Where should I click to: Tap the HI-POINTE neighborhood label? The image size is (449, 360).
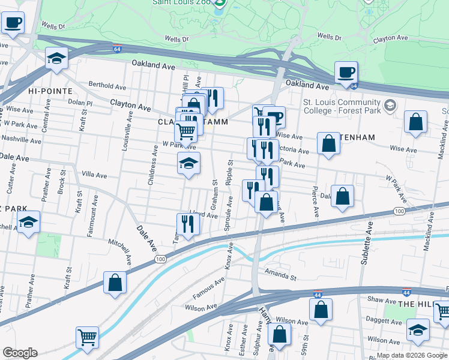coord(50,91)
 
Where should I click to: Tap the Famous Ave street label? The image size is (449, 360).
coord(208,289)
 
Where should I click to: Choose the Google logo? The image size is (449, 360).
coord(20,353)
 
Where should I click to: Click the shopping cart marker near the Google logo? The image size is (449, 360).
coord(88,338)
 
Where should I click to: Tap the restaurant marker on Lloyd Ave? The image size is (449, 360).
coord(188,224)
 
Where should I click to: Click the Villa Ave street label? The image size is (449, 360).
coord(94,175)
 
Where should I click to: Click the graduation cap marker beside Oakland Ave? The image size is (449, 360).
coord(56,58)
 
